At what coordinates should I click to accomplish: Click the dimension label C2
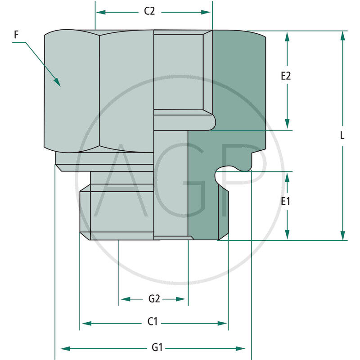tap(149, 12)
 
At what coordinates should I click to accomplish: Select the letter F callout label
tap(17, 34)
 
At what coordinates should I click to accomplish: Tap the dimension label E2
tap(286, 76)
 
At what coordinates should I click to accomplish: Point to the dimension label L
tap(342, 135)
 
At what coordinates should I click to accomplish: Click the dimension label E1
tap(286, 202)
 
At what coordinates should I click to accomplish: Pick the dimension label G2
tap(154, 299)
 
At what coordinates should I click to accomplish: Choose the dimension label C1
tap(153, 322)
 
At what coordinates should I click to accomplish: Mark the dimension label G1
tap(157, 347)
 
